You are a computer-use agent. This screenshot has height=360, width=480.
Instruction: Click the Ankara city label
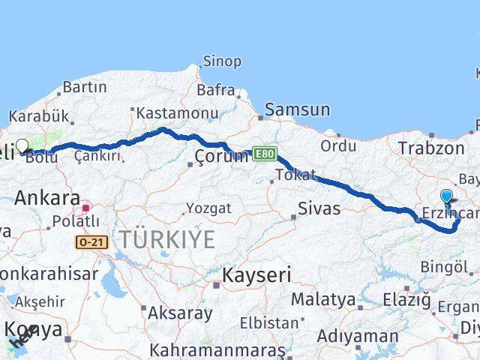[x=47, y=198]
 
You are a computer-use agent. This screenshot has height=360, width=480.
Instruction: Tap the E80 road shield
[x=264, y=153]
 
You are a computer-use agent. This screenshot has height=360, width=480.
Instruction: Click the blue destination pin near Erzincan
[x=447, y=197]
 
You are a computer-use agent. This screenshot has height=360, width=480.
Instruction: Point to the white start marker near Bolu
[x=22, y=146]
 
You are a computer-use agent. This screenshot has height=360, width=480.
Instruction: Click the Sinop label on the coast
[x=222, y=61]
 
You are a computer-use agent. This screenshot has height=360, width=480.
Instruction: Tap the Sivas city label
[x=319, y=208]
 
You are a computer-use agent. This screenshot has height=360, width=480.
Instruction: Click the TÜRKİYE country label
[x=168, y=240]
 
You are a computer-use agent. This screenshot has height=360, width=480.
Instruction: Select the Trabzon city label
[x=431, y=148]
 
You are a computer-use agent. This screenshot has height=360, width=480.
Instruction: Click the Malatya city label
[x=323, y=299]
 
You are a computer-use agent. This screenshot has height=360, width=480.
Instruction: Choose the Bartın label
[x=84, y=87]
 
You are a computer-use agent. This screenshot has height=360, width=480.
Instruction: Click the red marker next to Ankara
[x=86, y=207]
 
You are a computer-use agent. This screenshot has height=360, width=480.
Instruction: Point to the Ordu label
[x=337, y=145]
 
